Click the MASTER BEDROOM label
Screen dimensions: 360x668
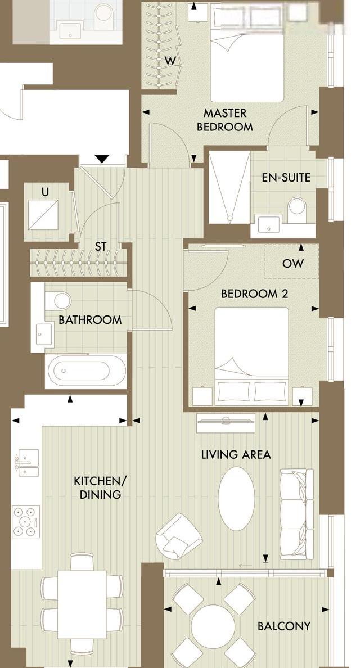click(x=225, y=120)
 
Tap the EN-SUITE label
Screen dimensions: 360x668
click(x=286, y=177)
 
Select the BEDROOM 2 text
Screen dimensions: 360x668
click(x=255, y=294)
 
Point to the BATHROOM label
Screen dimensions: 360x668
click(x=90, y=319)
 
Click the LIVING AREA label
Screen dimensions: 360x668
click(x=236, y=454)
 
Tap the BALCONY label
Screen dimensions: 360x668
click(x=284, y=626)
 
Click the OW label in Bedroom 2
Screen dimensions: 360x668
click(x=293, y=263)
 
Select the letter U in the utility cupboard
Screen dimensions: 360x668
click(x=45, y=192)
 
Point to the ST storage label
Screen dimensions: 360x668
click(x=101, y=246)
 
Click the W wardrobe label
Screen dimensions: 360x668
click(x=170, y=61)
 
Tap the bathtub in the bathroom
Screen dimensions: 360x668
click(x=87, y=371)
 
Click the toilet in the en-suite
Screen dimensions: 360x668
click(x=297, y=209)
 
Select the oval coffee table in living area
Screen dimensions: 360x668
click(x=236, y=498)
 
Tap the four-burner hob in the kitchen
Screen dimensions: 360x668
click(x=26, y=521)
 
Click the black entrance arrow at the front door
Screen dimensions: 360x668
click(x=102, y=159)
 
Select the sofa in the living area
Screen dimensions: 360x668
click(x=297, y=514)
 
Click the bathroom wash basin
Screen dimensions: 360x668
click(x=44, y=333)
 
